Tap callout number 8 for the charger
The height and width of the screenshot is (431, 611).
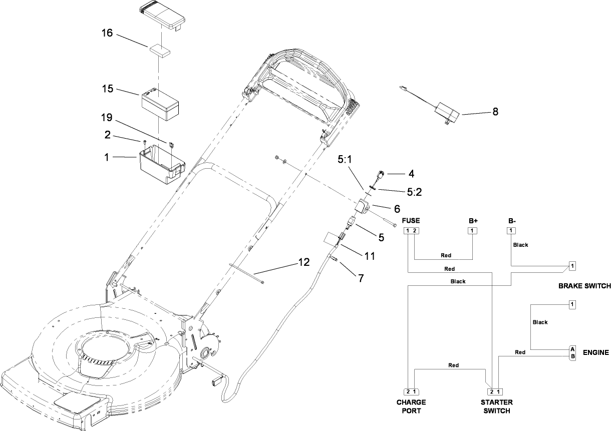(x=495, y=112)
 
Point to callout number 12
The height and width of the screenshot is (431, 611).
(x=303, y=261)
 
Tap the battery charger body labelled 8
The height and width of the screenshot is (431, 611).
(x=448, y=112)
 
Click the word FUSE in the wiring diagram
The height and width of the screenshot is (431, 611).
(x=411, y=220)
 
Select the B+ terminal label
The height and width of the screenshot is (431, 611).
(x=473, y=220)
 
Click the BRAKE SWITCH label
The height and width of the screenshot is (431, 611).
(x=584, y=286)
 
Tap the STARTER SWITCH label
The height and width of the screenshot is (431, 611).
(x=496, y=406)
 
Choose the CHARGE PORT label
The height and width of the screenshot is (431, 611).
(x=411, y=406)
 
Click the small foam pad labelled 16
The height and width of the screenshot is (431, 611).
(x=158, y=50)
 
